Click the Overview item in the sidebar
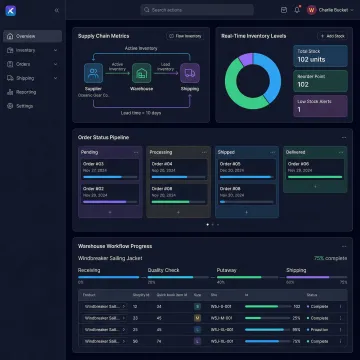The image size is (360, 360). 27,35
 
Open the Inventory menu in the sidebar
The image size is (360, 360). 27,49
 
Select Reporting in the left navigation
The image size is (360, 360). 27,91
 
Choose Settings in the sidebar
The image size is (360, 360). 26,105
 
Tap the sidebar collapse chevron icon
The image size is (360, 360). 56,10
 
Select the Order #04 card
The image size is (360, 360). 178,166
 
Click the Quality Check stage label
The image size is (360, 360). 162,269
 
